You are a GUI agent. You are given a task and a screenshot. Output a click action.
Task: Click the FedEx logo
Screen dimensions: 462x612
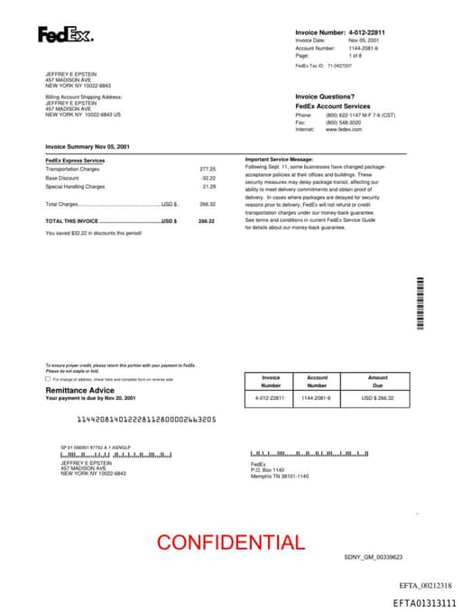coord(65,35)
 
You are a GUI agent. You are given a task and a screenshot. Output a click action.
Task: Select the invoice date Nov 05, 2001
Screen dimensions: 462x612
coord(364,41)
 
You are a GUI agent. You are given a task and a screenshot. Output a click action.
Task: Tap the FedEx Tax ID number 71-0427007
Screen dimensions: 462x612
coord(339,66)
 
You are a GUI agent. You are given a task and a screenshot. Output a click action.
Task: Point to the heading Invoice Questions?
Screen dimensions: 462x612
coord(325,97)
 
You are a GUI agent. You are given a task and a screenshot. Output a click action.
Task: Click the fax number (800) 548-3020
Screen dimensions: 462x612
coord(344,122)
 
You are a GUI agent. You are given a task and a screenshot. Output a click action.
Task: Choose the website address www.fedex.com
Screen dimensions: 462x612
coord(344,129)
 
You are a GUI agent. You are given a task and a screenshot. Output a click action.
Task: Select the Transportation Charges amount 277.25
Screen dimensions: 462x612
coord(208,169)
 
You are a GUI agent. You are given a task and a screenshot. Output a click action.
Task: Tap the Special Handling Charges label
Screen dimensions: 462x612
coord(75,186)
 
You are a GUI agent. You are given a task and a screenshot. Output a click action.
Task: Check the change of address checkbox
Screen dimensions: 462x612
coord(48,379)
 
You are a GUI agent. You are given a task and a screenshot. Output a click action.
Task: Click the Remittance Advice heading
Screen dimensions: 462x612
coord(79,390)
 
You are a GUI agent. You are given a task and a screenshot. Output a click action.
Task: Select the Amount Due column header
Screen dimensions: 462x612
coord(378,382)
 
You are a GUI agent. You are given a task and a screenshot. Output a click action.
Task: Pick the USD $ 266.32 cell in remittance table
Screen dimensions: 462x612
coord(378,397)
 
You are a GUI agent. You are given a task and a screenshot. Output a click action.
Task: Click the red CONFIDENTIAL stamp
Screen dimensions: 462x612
coord(231,542)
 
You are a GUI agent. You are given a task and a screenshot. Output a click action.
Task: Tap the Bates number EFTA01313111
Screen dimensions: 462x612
coord(424,602)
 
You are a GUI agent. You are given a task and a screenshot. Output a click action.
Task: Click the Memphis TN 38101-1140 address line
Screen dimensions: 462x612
coord(280,476)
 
